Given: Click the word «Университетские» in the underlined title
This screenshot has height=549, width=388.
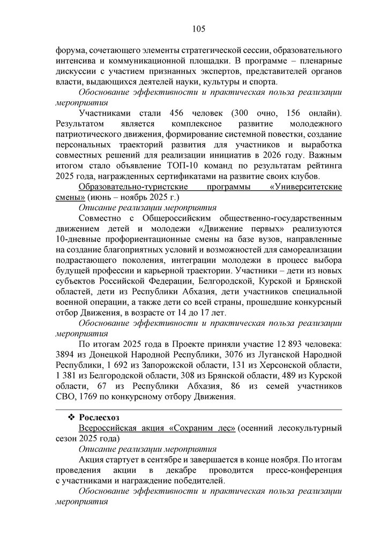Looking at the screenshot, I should coord(306,187).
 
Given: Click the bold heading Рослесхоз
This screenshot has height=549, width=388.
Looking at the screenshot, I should coord(99,417).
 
